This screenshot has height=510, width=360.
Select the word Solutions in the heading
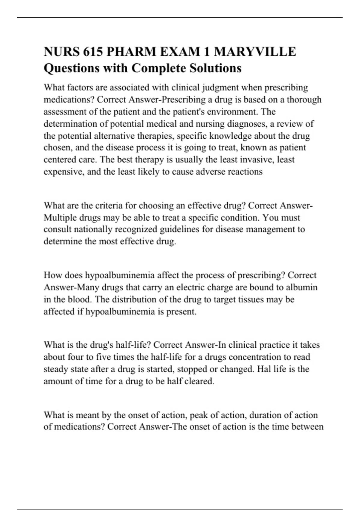pos(215,68)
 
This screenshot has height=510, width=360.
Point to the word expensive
pos(63,172)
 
